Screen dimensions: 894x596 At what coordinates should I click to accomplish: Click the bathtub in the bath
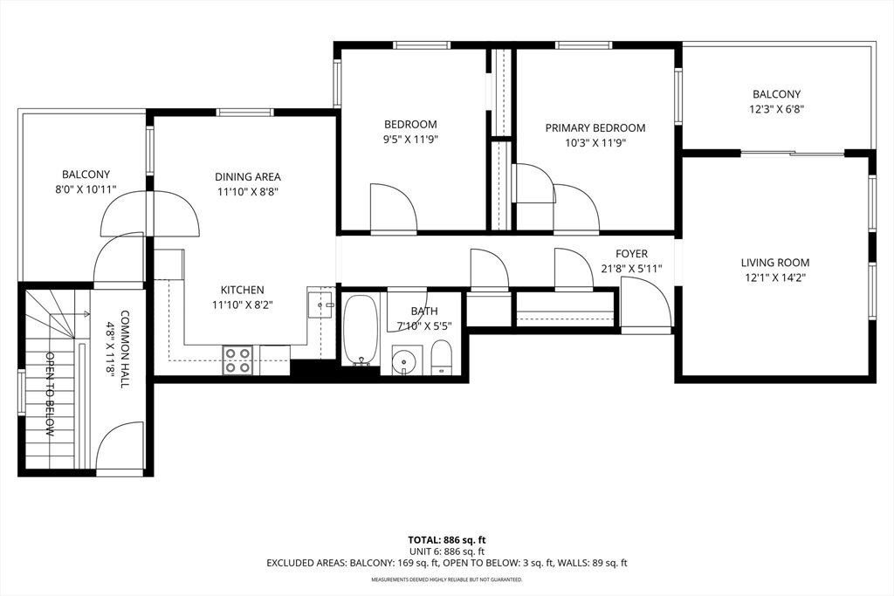click(x=361, y=329)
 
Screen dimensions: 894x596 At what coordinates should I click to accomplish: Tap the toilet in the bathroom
click(x=441, y=357)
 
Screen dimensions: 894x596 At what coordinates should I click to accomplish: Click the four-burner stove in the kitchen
click(x=237, y=360)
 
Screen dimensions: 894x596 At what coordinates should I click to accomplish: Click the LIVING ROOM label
click(x=775, y=263)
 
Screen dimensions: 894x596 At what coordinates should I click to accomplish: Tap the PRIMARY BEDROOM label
click(x=595, y=128)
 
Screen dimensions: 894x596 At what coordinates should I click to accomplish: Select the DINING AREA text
click(x=247, y=177)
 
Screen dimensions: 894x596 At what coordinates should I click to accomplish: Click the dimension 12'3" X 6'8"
click(x=776, y=109)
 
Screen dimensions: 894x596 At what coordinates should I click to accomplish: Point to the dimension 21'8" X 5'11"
click(x=631, y=269)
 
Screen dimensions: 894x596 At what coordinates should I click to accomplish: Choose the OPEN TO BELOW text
click(x=50, y=394)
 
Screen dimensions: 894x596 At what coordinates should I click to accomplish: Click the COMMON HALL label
click(x=125, y=349)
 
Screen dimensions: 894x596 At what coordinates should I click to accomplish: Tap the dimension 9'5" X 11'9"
click(x=410, y=140)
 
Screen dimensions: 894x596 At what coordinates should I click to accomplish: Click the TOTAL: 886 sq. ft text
click(x=447, y=539)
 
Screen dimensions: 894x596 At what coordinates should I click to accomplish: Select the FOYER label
click(x=631, y=254)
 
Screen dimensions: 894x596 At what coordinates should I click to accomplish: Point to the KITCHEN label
click(x=243, y=290)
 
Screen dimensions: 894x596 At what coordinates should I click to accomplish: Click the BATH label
click(x=425, y=312)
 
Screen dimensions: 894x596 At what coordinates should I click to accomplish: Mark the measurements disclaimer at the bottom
click(x=447, y=579)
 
